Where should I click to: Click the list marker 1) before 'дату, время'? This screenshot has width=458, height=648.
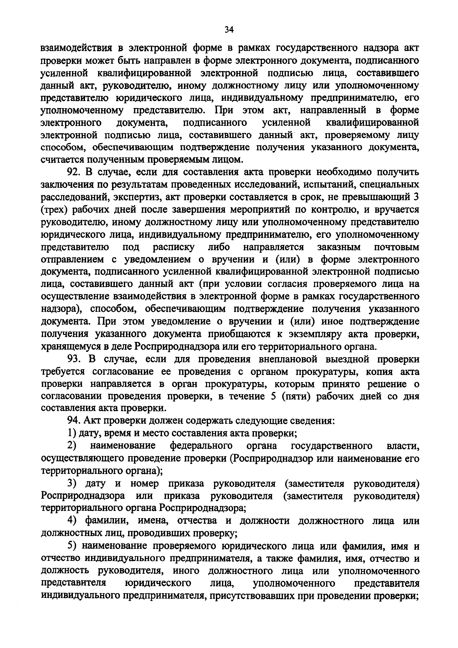pyautogui.click(x=72, y=433)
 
